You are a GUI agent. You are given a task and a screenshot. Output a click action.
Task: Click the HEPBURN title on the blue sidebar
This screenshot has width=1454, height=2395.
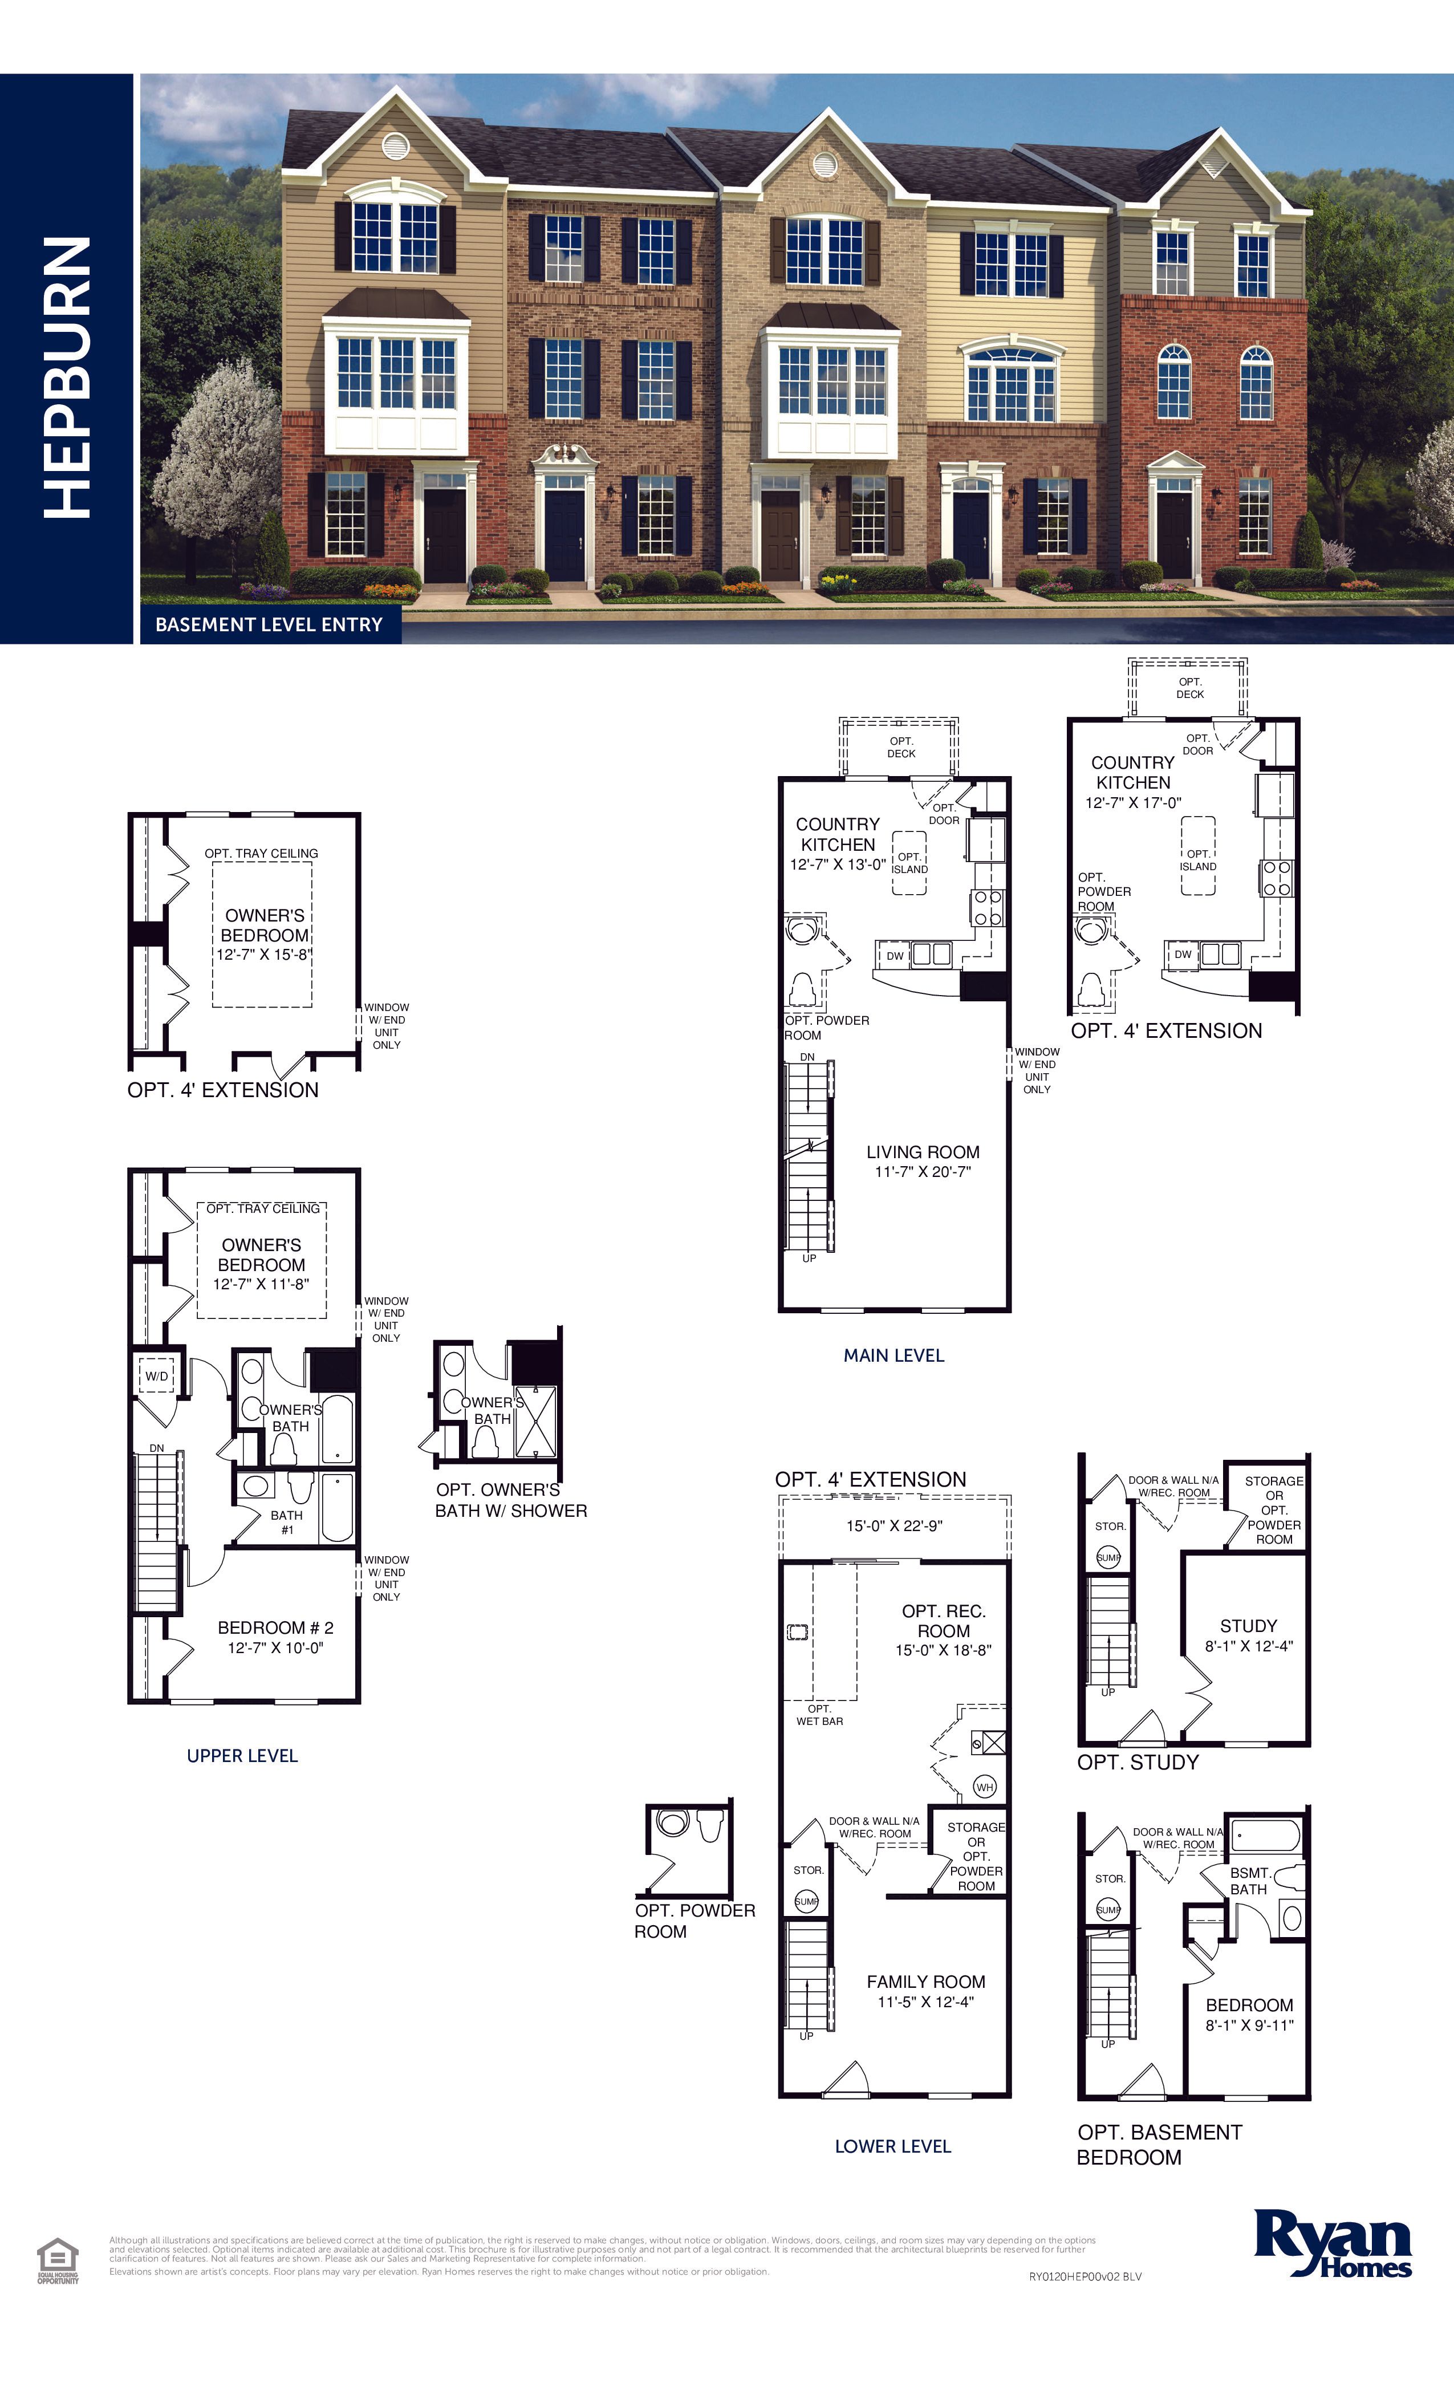tap(66, 377)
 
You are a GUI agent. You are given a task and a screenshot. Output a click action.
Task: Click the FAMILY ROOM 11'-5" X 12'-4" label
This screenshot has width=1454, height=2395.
tap(925, 1991)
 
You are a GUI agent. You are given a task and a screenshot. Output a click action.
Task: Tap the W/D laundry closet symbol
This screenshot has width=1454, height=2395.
tap(156, 1375)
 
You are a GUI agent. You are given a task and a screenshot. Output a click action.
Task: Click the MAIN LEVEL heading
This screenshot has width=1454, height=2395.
tap(893, 1355)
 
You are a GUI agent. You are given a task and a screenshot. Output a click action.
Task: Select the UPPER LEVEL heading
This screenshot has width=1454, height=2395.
tap(242, 1755)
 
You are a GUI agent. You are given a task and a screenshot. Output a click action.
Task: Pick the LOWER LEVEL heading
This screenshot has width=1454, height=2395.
tap(892, 2146)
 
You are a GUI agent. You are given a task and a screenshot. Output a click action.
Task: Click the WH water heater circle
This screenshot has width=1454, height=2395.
tap(985, 1787)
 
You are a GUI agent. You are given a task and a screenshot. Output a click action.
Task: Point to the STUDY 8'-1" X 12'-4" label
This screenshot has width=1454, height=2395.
tap(1248, 1635)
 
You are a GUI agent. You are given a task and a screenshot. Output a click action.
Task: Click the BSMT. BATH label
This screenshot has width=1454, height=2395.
tap(1249, 1881)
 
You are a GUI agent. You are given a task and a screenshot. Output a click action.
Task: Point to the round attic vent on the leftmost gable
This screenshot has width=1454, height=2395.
tap(395, 146)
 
